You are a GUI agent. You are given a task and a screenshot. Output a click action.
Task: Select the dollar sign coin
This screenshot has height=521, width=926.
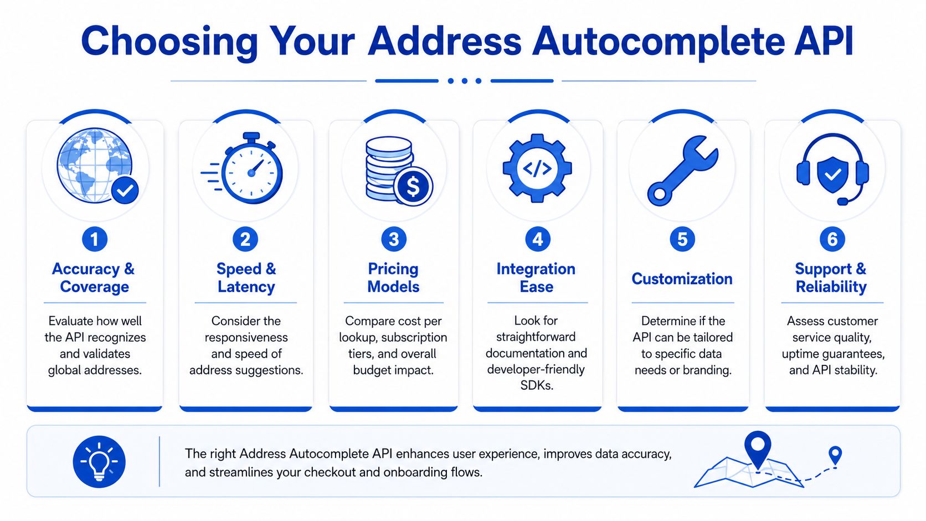(413, 187)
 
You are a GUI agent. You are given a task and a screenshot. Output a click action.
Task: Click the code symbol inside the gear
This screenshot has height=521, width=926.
(537, 168)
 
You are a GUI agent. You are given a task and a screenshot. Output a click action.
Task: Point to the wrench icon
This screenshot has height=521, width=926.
(682, 170)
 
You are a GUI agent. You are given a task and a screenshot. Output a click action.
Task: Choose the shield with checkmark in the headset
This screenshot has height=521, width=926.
(832, 174)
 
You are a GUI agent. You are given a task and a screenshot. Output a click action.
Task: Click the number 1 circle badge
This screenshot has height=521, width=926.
(95, 239)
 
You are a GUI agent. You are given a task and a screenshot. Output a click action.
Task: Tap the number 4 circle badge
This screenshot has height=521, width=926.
(537, 239)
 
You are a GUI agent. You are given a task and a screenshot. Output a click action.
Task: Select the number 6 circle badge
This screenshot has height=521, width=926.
(832, 239)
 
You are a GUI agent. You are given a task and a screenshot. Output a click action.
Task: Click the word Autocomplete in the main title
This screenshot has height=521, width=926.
(659, 42)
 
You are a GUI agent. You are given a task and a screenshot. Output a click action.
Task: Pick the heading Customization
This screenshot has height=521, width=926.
(682, 279)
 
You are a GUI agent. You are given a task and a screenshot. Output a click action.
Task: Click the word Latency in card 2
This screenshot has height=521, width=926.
(246, 287)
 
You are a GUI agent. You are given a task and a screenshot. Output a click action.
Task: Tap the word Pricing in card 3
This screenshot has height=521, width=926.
(393, 270)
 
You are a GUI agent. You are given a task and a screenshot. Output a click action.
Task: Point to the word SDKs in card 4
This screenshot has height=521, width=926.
(537, 385)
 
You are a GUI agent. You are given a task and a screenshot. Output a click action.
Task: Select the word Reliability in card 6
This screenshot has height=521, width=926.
(831, 287)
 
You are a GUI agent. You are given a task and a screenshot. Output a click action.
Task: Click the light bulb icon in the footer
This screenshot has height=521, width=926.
(99, 462)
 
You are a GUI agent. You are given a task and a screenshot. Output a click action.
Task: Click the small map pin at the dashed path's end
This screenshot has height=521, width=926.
(836, 456)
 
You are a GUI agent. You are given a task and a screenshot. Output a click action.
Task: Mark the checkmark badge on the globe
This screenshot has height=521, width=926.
(125, 190)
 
